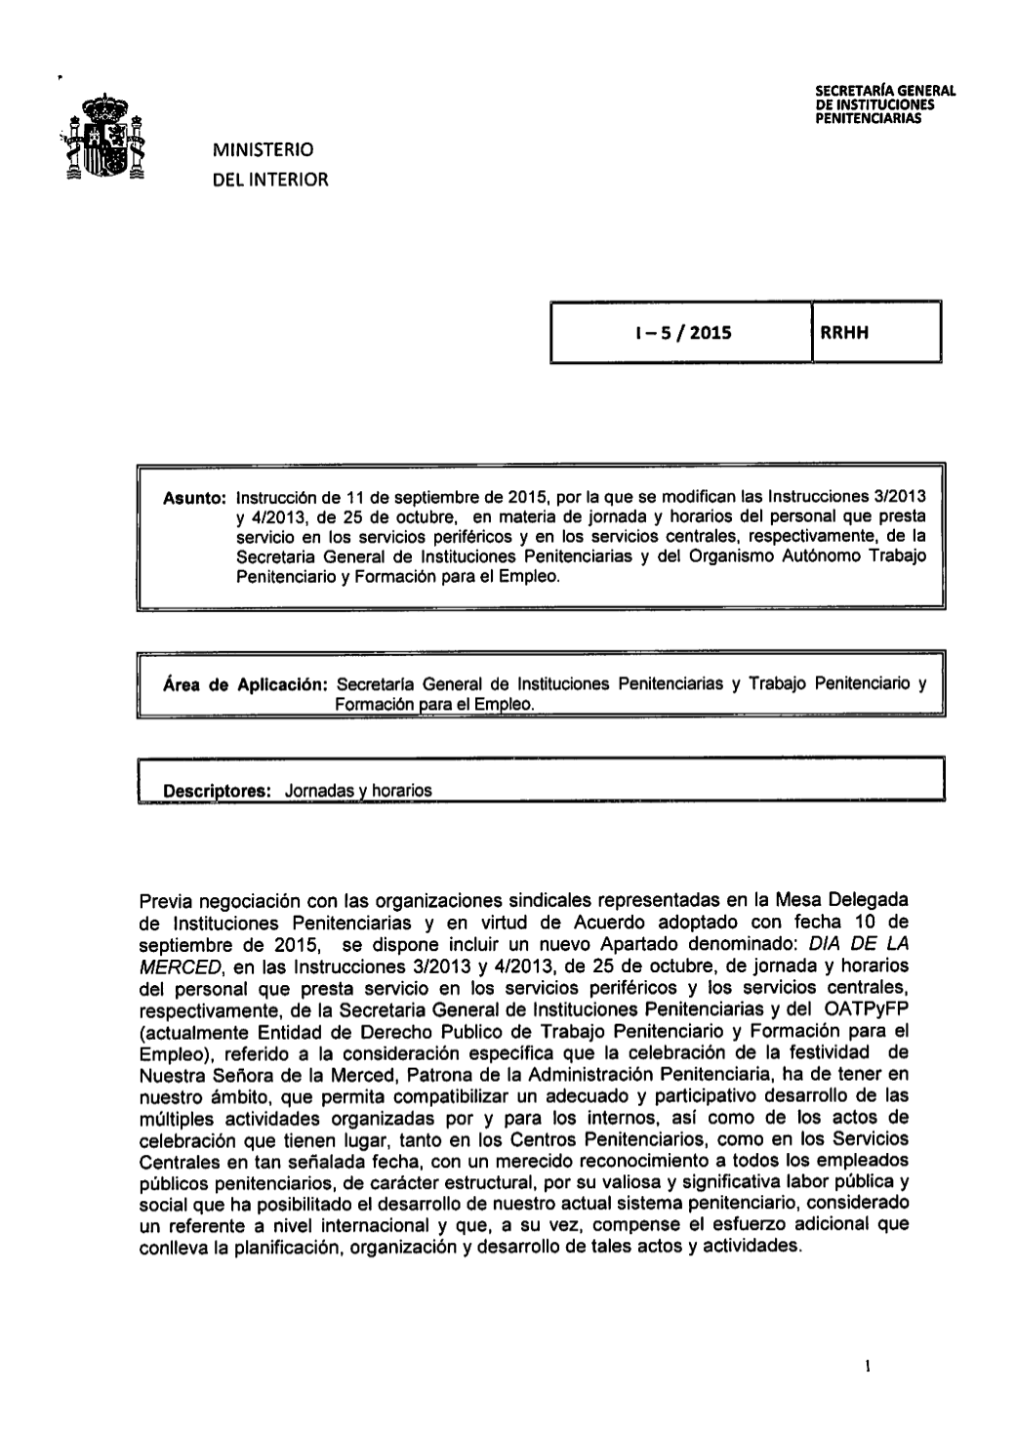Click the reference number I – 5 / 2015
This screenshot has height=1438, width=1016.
[681, 333]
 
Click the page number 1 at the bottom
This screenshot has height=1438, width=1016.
[867, 1366]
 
